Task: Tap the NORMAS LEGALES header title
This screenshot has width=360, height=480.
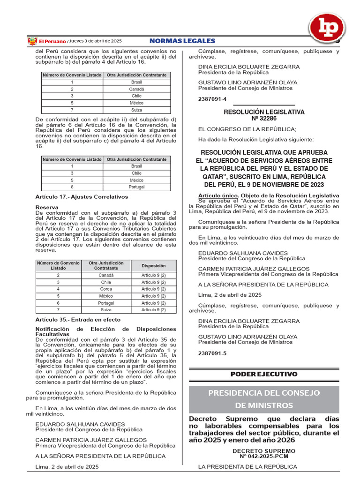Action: (x=182, y=41)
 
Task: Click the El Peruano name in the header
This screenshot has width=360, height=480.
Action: (x=52, y=41)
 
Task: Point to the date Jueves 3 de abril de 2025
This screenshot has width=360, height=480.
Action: (x=96, y=41)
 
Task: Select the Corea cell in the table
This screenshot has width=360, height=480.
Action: (x=106, y=289)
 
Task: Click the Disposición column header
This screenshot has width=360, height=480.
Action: (x=154, y=265)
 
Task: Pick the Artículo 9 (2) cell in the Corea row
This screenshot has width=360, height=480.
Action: (x=154, y=289)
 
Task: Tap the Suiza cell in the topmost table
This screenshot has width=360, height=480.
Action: (x=136, y=110)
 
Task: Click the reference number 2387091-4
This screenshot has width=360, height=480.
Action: (x=212, y=99)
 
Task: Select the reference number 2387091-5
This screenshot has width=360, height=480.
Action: (x=212, y=352)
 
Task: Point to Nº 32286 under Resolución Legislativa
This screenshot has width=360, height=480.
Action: (x=264, y=119)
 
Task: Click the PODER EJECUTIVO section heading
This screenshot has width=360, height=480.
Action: (x=264, y=374)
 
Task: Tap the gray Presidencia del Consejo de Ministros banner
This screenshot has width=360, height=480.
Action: (x=264, y=399)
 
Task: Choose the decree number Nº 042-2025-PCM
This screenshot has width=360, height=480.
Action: (x=264, y=456)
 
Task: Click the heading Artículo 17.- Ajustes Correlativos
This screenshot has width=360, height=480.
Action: (x=82, y=196)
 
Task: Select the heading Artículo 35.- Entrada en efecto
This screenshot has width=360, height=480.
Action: (x=78, y=319)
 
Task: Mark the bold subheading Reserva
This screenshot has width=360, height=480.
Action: (x=46, y=207)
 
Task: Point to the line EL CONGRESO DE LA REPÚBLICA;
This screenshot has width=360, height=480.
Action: (x=247, y=129)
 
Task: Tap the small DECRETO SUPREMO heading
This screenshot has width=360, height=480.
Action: (x=264, y=450)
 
